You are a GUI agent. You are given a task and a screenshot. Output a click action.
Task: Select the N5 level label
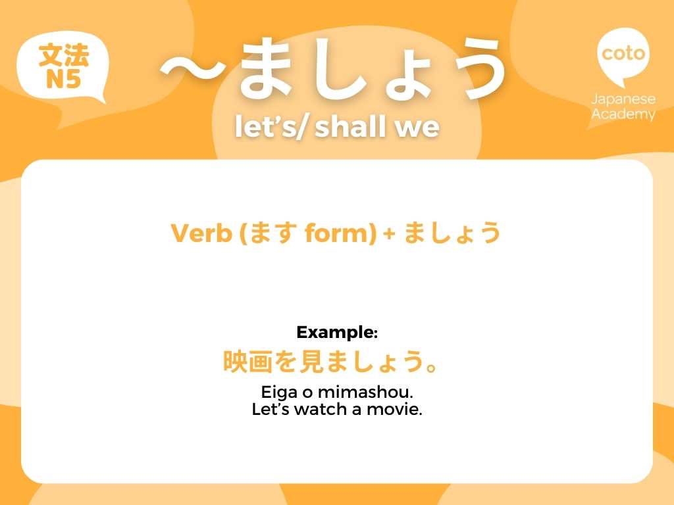tap(63, 80)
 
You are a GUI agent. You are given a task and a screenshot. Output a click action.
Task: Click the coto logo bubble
tap(623, 53)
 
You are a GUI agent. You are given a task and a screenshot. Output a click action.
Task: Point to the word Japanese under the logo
tap(623, 99)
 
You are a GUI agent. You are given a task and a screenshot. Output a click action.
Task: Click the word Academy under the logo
tap(623, 114)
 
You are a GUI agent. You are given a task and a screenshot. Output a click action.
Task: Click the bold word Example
tap(335, 333)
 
